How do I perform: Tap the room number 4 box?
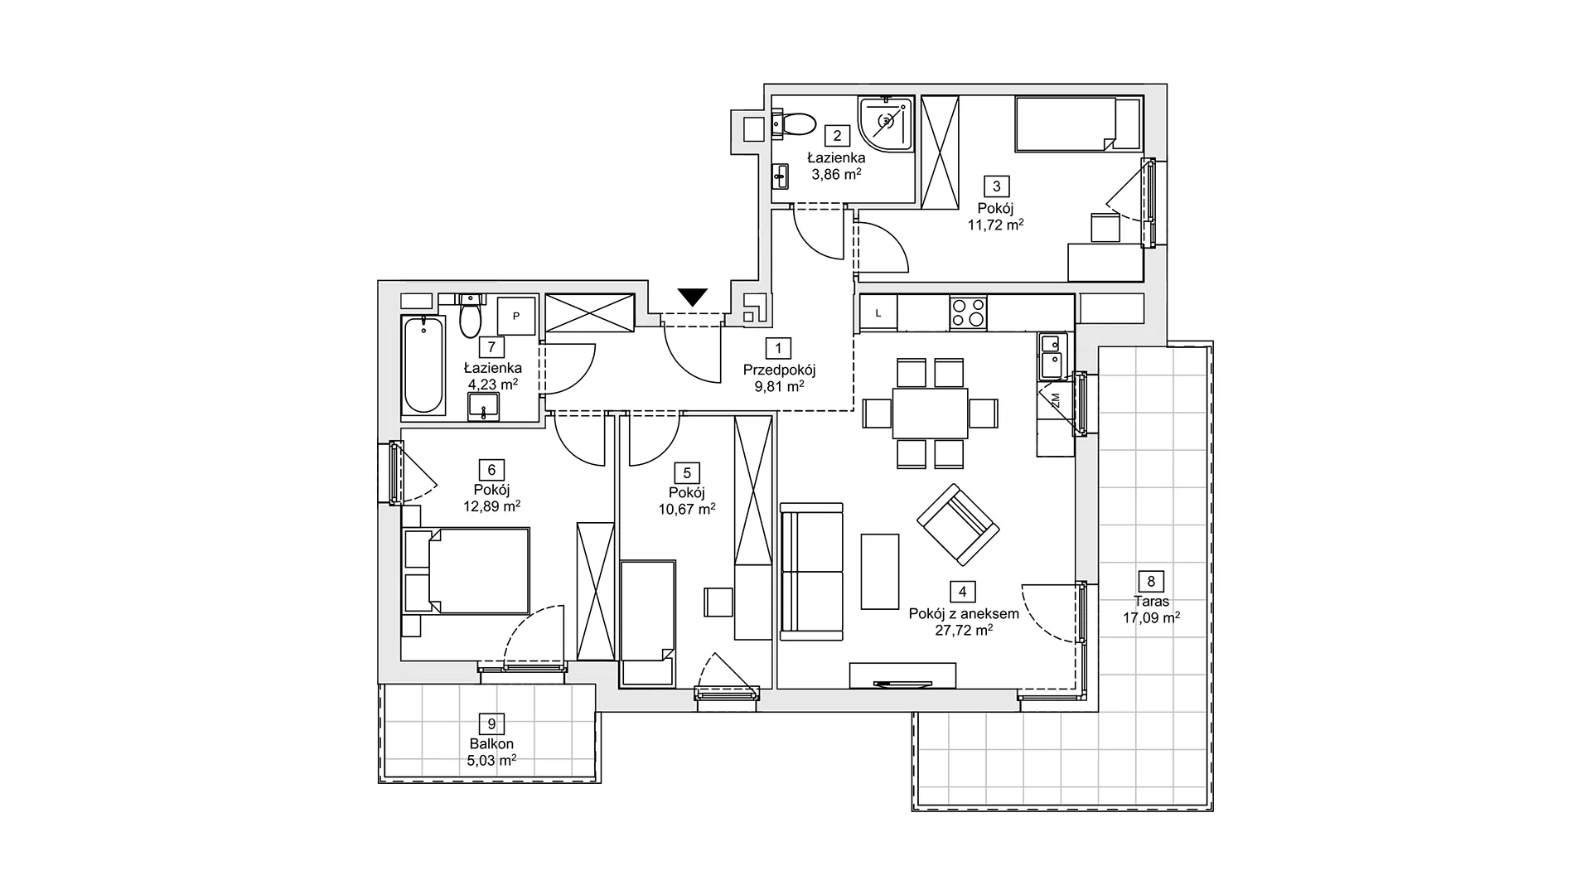pos(962,592)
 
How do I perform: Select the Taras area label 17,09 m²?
pos(1151,617)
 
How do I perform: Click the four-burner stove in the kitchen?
pos(968,312)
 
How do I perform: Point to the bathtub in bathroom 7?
pos(423,365)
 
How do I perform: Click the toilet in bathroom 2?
pos(795,125)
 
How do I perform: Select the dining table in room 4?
pos(930,413)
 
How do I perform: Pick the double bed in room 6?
pos(466,572)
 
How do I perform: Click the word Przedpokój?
pos(779,370)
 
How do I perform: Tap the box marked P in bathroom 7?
pos(515,316)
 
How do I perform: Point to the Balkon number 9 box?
pos(491,724)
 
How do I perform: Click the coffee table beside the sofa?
pos(880,572)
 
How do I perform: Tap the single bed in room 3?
pos(1079,124)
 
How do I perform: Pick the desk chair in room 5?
pos(718,602)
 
